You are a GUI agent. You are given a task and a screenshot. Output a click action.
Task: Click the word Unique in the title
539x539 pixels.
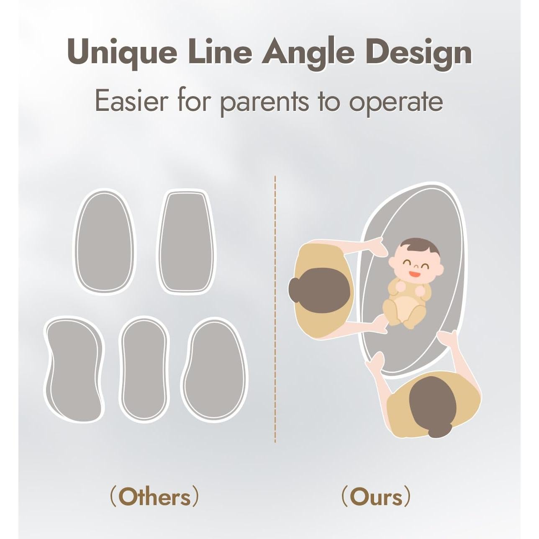click(x=122, y=53)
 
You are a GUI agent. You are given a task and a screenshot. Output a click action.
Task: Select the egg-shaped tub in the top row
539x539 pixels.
click(x=104, y=241)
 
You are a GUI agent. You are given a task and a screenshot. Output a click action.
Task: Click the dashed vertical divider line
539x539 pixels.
click(x=275, y=309)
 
